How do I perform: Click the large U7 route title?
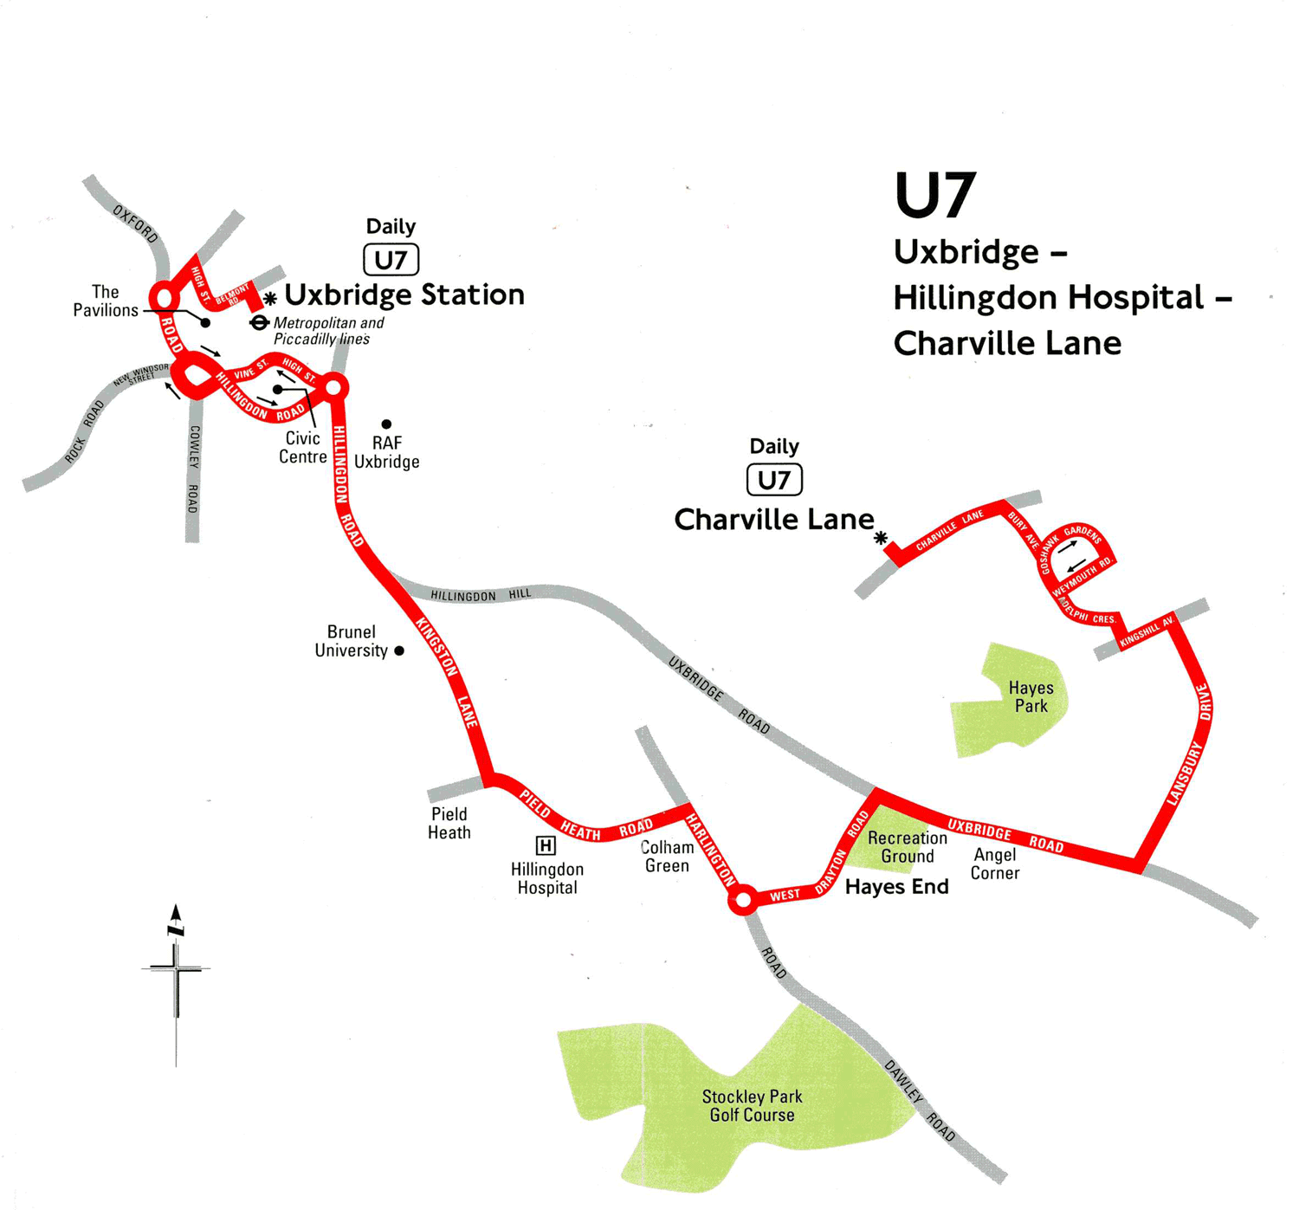point(935,196)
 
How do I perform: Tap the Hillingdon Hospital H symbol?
point(546,845)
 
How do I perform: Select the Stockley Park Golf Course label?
point(752,1106)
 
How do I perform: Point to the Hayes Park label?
point(1031,697)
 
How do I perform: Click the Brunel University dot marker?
point(399,650)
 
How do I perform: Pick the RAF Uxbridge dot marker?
point(386,424)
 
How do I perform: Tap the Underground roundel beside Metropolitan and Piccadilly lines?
point(258,323)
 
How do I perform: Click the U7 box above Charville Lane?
point(774,480)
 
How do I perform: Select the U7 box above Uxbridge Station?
point(391,260)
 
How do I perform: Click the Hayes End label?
point(896,887)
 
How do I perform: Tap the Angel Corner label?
point(995,864)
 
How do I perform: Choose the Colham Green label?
point(667,857)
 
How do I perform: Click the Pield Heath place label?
point(449,824)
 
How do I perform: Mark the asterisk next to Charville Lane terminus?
point(881,538)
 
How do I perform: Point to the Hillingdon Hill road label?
point(481,596)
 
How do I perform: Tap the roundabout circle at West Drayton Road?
point(742,901)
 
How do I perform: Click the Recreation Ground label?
point(907,847)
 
